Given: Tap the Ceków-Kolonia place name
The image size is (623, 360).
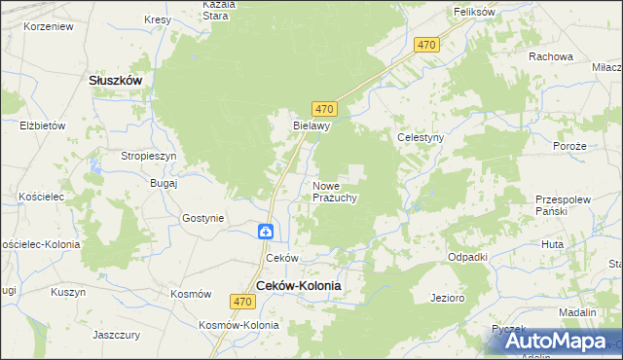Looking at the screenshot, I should click(298, 285).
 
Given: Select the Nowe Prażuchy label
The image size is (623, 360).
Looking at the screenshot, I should click(336, 192).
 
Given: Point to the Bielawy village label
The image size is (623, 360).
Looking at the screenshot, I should click(313, 126).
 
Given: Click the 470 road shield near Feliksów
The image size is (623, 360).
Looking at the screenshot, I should click(426, 46).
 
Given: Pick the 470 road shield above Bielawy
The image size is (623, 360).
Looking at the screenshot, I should click(325, 108).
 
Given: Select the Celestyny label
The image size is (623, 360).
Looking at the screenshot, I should click(421, 138).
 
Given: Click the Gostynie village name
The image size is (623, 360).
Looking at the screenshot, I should click(203, 219).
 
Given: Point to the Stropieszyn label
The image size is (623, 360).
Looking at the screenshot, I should click(148, 156).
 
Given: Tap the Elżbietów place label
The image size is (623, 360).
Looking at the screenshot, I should click(42, 126).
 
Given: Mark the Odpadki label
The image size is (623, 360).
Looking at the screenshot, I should click(467, 257).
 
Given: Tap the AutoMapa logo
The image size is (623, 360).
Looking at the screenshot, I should click(554, 341).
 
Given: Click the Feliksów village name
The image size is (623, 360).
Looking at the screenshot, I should click(476, 12).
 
